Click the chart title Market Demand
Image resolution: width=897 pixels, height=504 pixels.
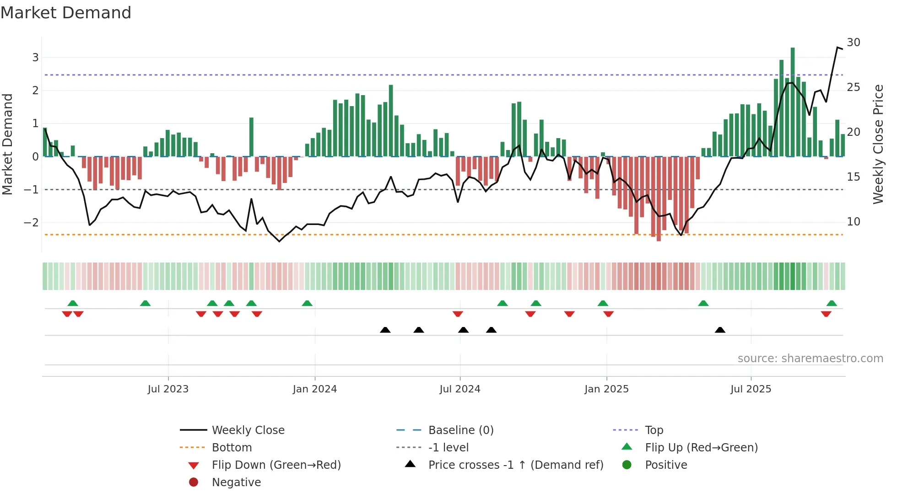[66, 13]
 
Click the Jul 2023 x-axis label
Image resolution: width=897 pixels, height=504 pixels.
[168, 389]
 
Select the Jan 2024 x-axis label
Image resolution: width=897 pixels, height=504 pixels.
[315, 389]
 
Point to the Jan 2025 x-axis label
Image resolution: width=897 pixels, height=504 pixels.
[606, 389]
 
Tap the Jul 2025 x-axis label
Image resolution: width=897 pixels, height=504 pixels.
[751, 389]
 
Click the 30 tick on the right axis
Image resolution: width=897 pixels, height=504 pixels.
[854, 43]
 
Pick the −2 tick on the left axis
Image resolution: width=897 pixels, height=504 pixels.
[31, 223]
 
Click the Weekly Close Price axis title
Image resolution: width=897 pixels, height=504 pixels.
[878, 144]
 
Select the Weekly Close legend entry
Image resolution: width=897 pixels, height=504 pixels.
[248, 430]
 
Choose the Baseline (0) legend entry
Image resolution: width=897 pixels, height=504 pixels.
[460, 430]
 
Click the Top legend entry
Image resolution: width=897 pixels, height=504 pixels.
[654, 430]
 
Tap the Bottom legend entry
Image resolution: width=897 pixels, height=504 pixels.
[232, 448]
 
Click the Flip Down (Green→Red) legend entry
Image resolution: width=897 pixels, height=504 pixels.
[276, 465]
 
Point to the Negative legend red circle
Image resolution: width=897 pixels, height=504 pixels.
[194, 483]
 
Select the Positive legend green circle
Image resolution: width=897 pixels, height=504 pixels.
[627, 465]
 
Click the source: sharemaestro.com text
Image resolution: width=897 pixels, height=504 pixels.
[810, 359]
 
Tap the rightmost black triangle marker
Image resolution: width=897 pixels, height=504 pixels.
[720, 330]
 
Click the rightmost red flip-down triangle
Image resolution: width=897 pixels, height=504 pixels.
[826, 314]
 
